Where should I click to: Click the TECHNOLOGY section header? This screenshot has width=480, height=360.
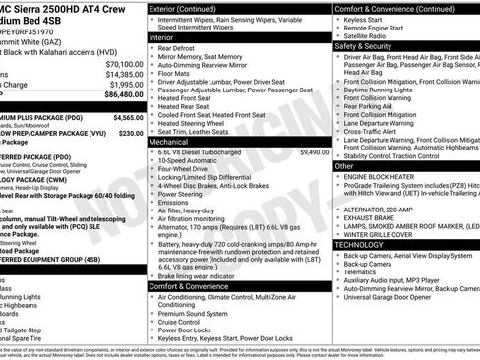[365, 244]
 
